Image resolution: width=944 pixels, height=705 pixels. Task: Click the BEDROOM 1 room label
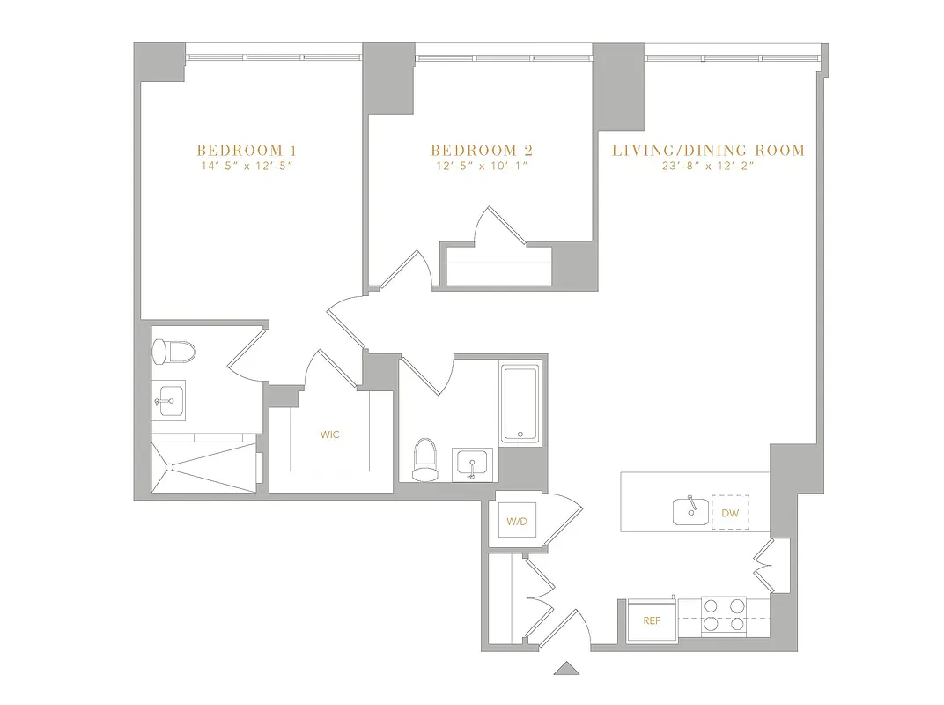(x=240, y=150)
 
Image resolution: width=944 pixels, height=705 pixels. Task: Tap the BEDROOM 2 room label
(x=482, y=150)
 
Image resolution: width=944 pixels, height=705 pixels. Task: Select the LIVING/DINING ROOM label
(x=708, y=150)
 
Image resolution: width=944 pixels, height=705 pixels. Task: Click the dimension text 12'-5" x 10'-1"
(x=482, y=166)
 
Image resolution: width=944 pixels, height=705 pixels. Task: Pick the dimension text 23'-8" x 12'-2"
(x=708, y=166)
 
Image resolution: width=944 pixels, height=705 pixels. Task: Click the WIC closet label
(x=330, y=434)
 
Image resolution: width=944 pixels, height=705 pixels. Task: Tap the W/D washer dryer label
(x=516, y=523)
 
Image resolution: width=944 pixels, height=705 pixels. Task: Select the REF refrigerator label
(x=652, y=620)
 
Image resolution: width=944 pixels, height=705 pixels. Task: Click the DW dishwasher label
(x=729, y=512)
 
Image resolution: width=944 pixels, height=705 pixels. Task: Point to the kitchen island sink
(x=690, y=510)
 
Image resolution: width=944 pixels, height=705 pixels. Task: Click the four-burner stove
(x=723, y=616)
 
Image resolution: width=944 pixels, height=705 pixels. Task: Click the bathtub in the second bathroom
(x=522, y=404)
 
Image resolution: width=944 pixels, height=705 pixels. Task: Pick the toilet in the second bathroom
(x=424, y=460)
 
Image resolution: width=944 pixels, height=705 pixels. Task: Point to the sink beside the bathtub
(x=474, y=464)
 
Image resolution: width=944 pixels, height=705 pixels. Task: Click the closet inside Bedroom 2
(x=498, y=268)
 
